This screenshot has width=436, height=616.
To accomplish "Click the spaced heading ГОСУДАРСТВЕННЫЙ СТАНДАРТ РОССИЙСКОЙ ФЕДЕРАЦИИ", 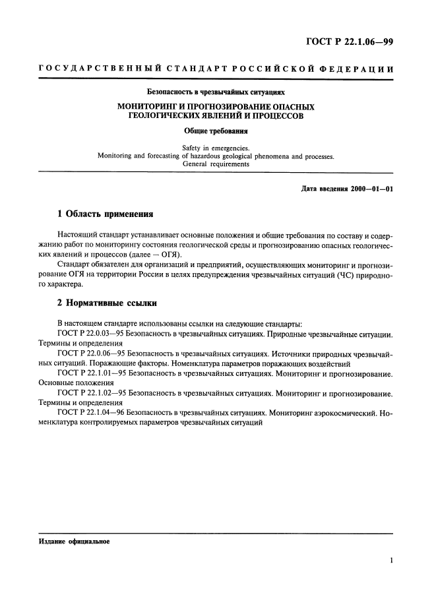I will pyautogui.click(x=217, y=69).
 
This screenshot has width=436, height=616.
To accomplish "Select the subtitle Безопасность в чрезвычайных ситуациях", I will pyautogui.click(x=216, y=93).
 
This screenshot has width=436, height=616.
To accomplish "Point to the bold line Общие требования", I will pyautogui.click(x=216, y=131).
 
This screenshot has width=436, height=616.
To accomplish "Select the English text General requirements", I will pyautogui.click(x=216, y=164).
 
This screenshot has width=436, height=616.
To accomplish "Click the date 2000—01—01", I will pyautogui.click(x=371, y=189).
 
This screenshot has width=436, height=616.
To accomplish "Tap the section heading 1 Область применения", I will pyautogui.click(x=105, y=214).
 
